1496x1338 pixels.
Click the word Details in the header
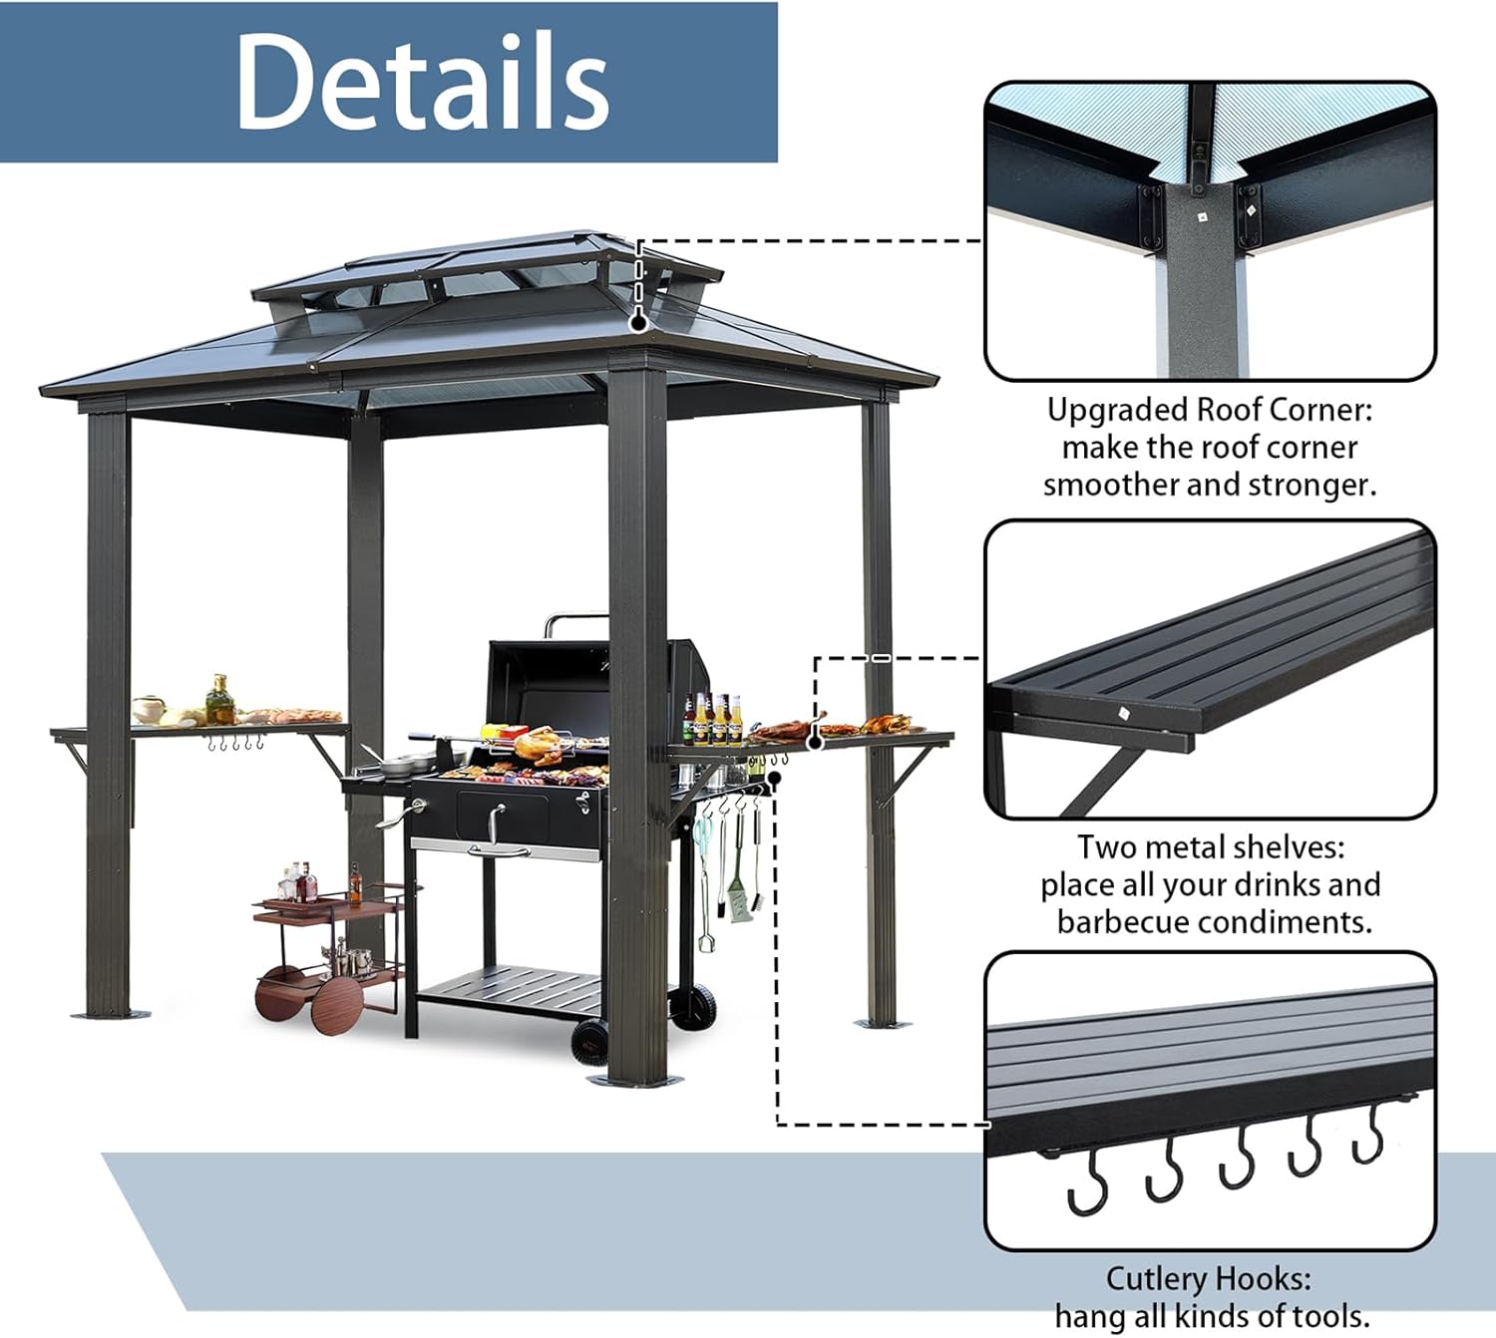[x=421, y=82]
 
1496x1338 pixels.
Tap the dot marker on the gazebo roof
[x=638, y=323]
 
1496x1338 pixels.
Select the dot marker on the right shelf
[x=815, y=742]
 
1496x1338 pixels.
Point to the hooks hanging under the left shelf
[x=235, y=744]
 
